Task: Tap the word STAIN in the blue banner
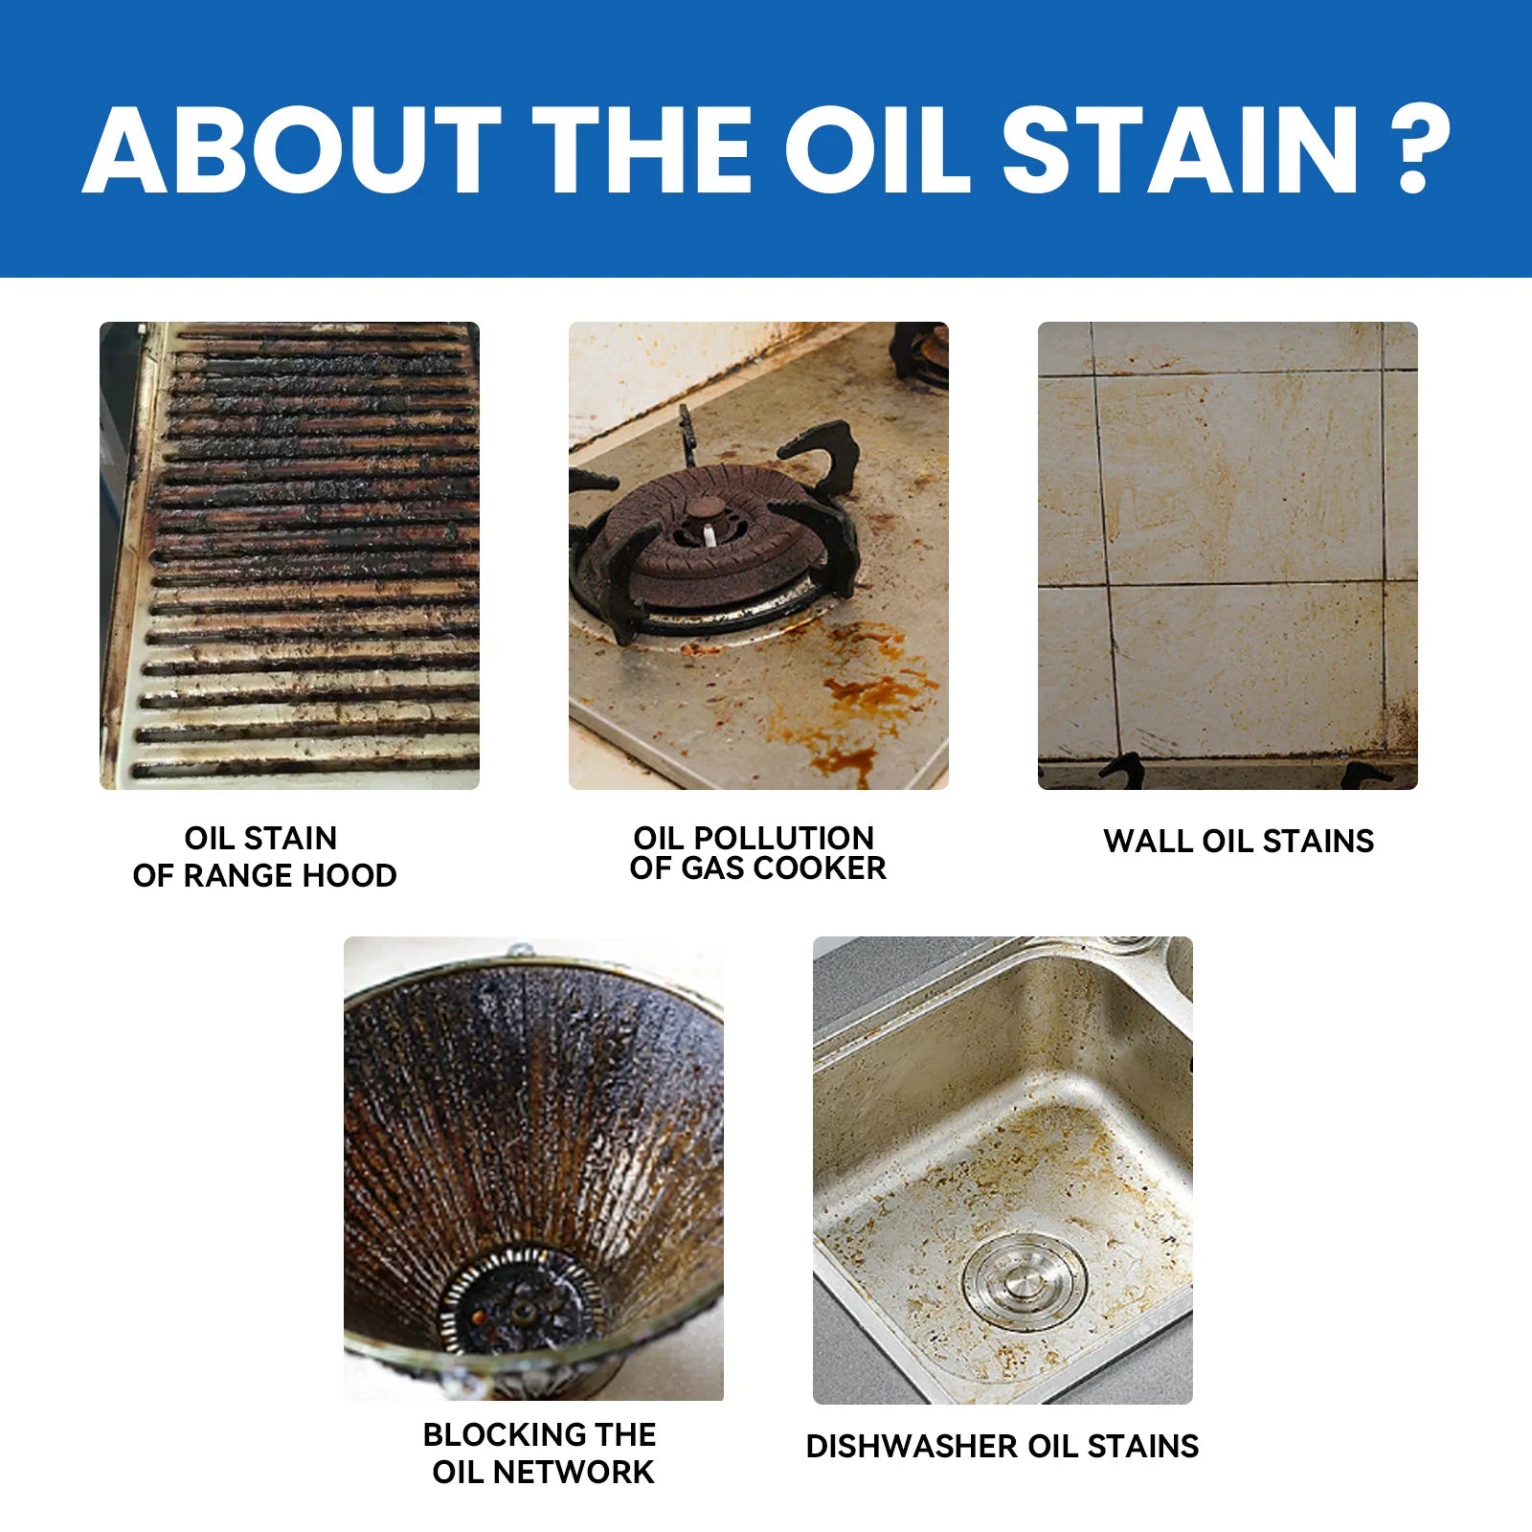point(1180,149)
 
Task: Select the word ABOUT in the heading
point(291,149)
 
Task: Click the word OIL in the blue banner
point(880,149)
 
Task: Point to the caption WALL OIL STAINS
point(1238,841)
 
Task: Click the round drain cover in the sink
point(1025,1279)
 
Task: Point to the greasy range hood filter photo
point(289,555)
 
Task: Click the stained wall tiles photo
point(1228,555)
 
